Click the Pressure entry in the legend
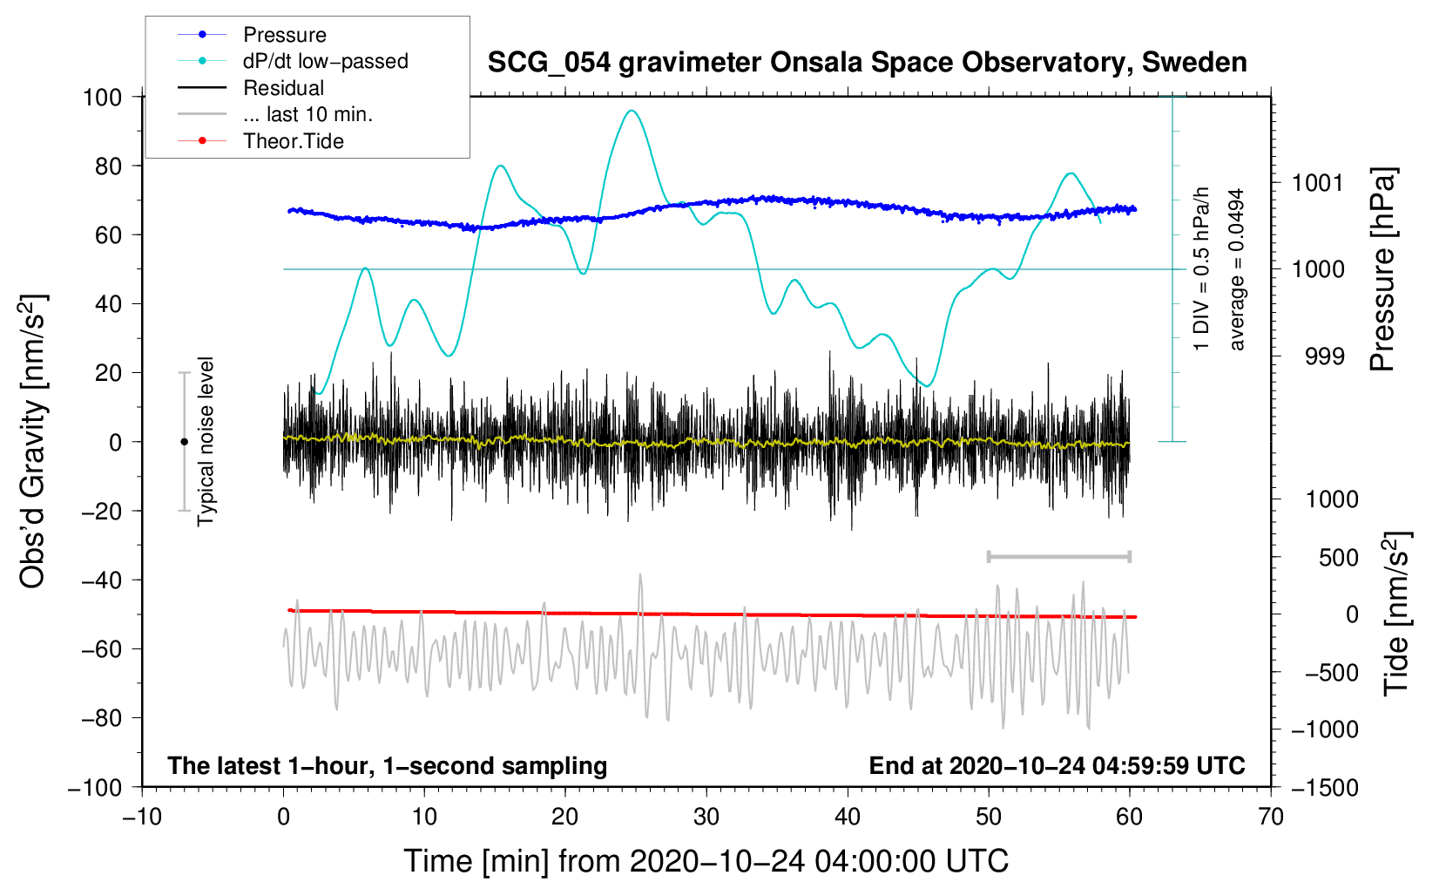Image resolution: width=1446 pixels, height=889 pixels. click(284, 35)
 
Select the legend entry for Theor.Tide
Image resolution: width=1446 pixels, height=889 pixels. click(293, 141)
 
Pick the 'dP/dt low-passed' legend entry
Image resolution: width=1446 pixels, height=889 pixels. click(325, 61)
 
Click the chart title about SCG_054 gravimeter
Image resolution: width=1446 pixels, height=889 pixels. click(867, 63)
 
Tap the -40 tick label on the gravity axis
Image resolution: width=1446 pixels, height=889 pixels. click(102, 580)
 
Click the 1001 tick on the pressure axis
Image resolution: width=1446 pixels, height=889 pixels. click(1318, 182)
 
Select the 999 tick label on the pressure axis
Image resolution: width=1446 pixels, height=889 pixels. click(1324, 356)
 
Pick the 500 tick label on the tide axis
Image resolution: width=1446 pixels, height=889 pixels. click(1338, 557)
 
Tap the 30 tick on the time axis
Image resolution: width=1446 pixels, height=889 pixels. click(706, 817)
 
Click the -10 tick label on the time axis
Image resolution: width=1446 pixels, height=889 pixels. click(142, 817)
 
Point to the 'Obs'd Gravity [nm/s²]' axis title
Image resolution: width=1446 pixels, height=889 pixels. click(33, 441)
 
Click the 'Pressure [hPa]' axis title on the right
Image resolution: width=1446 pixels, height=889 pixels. click(1383, 269)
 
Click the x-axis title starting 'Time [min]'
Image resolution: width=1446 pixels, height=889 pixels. click(706, 861)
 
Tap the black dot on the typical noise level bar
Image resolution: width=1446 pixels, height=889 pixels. click(184, 442)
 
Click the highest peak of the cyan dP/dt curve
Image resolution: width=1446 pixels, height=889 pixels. click(632, 111)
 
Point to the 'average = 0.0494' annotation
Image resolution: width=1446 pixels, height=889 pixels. click(1237, 269)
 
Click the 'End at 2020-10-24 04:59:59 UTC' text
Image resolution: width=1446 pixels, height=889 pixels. click(1057, 765)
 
